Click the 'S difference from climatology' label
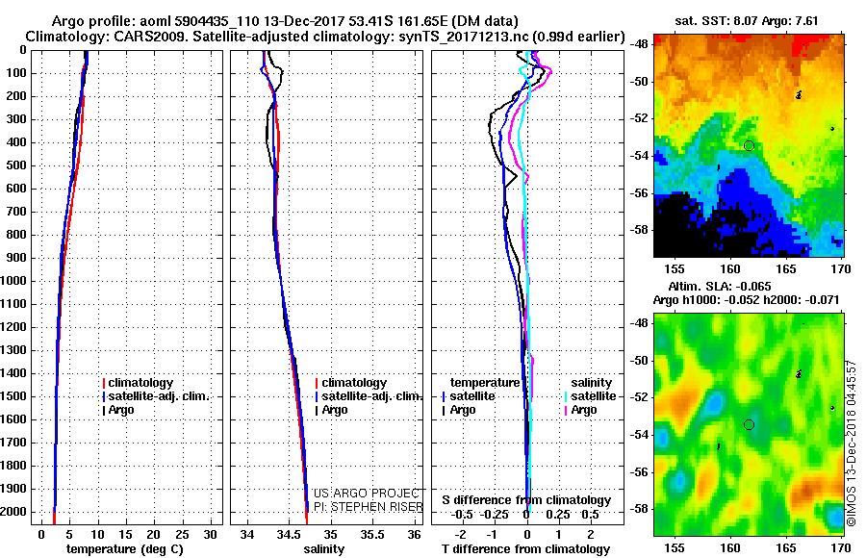click(526, 500)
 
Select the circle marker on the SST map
click(749, 145)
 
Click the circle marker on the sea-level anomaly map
click(749, 424)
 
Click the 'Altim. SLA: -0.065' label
click(720, 287)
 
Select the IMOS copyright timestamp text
click(852, 444)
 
